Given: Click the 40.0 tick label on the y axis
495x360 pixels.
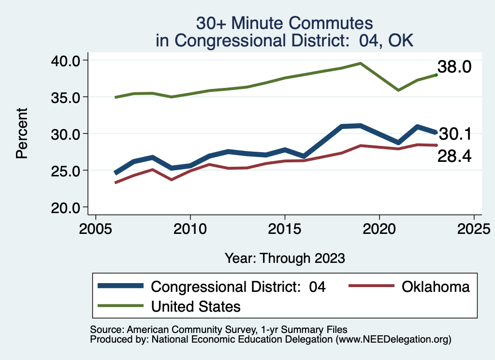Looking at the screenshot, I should point(66,60).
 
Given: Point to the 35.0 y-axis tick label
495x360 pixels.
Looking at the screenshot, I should point(66,97).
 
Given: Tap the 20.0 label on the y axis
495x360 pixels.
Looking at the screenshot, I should point(66,207).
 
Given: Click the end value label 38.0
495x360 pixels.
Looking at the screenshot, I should point(454,67).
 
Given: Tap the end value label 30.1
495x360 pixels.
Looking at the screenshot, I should point(454,134).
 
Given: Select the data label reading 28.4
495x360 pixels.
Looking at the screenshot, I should point(454,156).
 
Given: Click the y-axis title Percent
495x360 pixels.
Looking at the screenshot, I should point(21,133).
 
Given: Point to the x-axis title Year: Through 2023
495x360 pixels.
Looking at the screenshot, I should point(285,258).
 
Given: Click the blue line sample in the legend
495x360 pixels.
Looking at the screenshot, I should point(121,286).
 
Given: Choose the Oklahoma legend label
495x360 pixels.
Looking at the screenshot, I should point(435,287).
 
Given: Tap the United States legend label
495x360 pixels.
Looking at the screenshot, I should point(196,306).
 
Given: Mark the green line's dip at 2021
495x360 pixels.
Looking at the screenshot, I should point(398,90).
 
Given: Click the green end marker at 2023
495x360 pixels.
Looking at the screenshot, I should point(436,75).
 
